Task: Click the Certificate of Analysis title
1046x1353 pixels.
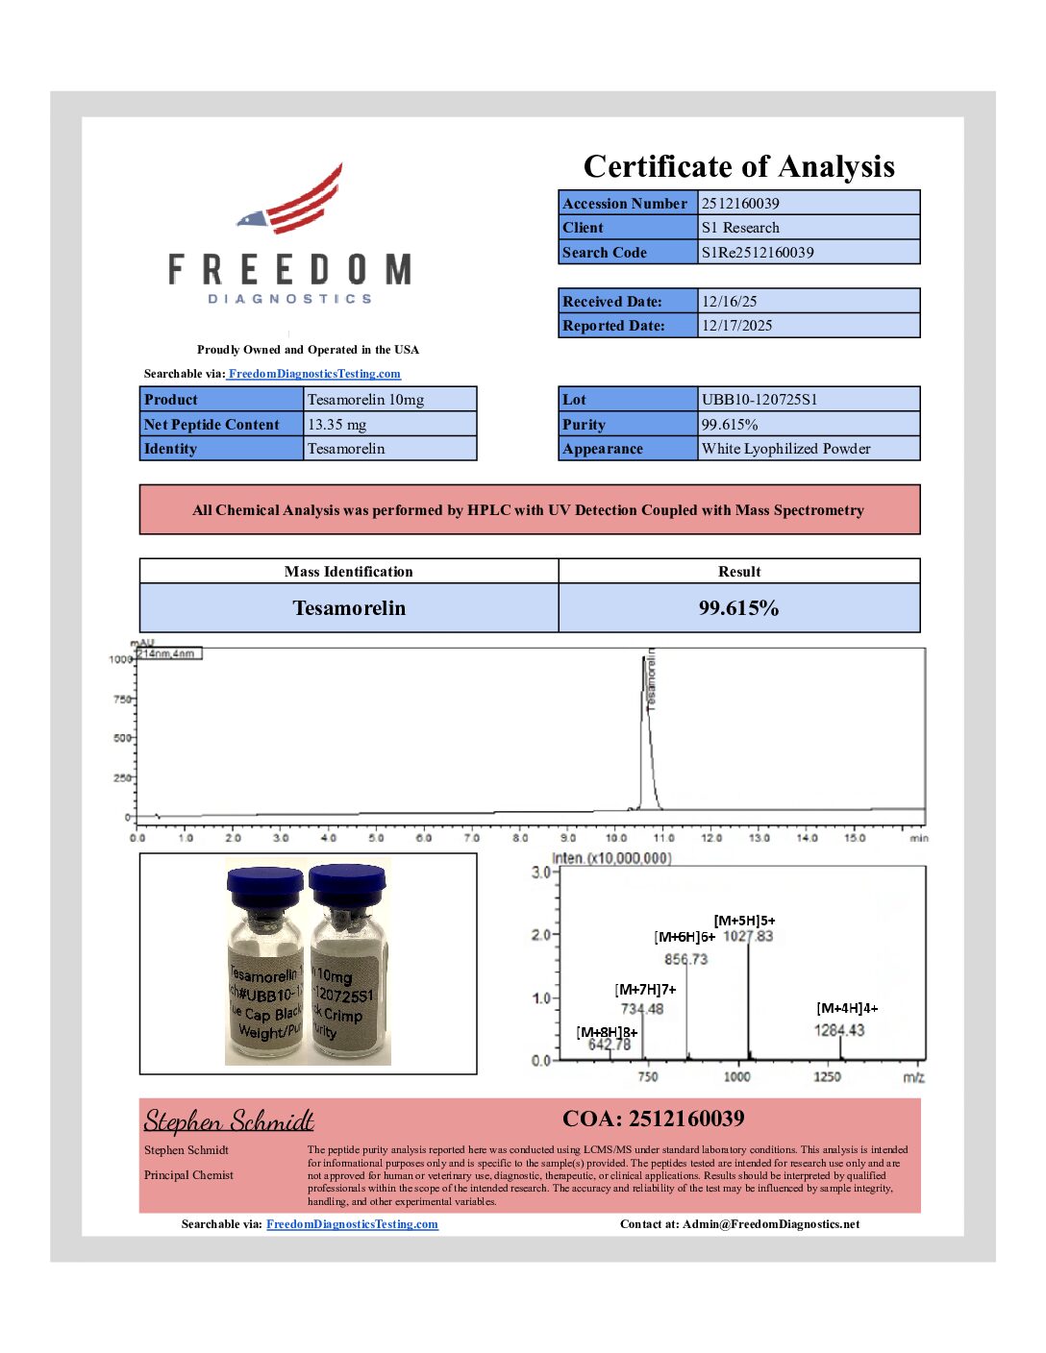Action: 738,166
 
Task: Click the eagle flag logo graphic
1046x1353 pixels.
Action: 292,202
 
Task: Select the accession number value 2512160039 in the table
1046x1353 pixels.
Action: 740,203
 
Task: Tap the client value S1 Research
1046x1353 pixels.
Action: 740,228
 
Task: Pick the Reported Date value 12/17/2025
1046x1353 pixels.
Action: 736,326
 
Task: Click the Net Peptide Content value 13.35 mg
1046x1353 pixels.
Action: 336,425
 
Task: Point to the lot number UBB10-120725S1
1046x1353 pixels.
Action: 760,400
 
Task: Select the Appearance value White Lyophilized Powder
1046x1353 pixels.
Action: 785,449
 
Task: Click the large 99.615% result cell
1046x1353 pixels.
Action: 738,608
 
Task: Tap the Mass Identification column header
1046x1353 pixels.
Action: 348,572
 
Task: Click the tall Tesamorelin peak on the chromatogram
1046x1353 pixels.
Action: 645,730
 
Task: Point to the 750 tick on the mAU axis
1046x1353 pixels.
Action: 122,700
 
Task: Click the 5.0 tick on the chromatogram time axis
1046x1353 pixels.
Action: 376,838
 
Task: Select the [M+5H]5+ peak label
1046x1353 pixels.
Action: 744,921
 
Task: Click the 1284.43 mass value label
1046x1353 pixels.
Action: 839,1030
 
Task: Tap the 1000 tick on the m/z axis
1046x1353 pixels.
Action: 736,1076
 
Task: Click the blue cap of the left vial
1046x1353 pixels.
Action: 264,885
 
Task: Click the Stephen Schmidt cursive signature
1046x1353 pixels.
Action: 229,1121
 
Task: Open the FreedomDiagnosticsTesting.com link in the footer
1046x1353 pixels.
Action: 352,1224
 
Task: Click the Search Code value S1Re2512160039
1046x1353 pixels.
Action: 758,253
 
